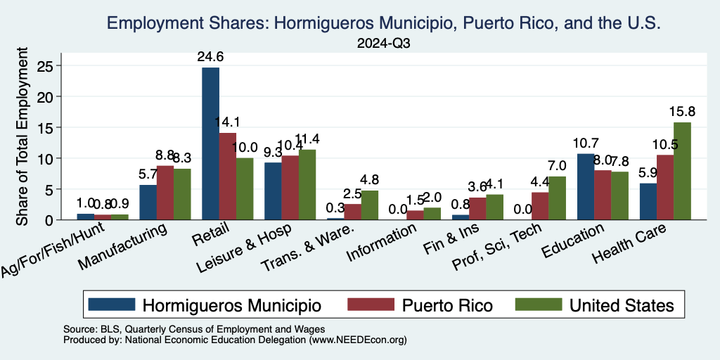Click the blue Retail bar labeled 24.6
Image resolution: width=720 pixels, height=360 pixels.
point(210,143)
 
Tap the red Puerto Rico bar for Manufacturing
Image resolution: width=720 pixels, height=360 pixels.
point(165,193)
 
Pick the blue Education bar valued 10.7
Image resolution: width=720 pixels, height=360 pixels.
point(586,186)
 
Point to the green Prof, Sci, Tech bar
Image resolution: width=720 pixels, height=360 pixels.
point(557,198)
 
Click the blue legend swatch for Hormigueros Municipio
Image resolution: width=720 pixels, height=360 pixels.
point(112,304)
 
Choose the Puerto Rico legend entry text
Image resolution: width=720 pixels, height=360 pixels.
point(447,305)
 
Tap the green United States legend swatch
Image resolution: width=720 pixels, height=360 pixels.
point(539,304)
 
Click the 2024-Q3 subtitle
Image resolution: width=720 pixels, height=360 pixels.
point(383,43)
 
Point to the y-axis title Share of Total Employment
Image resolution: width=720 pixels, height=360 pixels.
point(22,137)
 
